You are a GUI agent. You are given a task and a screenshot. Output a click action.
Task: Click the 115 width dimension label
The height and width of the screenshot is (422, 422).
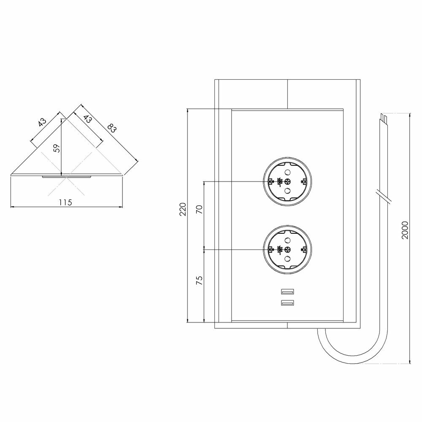[66, 202]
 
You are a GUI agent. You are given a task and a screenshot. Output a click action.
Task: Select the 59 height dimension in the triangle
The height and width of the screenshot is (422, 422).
[57, 148]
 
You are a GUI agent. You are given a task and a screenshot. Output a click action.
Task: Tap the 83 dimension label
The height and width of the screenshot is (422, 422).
[111, 128]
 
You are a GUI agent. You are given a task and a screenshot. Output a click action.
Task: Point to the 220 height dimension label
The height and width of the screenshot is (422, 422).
[183, 209]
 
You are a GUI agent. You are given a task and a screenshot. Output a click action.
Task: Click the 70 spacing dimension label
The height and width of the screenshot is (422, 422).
[199, 209]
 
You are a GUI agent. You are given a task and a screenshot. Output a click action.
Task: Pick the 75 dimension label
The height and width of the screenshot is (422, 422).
[199, 281]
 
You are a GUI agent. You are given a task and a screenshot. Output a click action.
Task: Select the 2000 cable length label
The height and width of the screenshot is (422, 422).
[405, 230]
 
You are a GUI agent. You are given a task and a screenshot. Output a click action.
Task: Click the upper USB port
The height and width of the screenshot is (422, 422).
[287, 292]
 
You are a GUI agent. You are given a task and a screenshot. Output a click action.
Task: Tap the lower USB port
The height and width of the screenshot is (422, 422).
[287, 303]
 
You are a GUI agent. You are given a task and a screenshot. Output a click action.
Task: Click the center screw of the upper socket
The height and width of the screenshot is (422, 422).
[287, 181]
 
